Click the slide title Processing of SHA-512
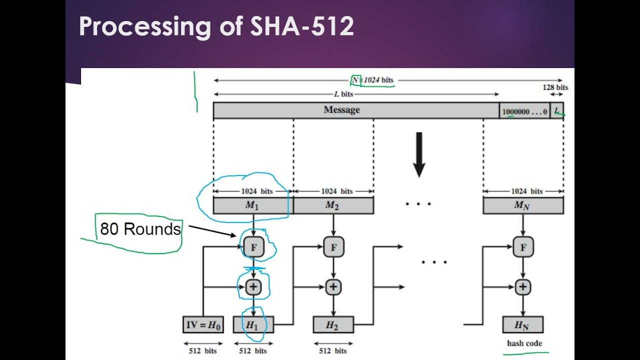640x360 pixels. pos(216,26)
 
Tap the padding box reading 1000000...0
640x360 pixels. pos(524,111)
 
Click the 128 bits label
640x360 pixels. pos(555,87)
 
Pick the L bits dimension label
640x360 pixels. pos(343,94)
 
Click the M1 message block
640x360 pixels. pos(253,205)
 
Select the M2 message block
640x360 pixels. pos(333,205)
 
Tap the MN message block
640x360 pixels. pos(522,205)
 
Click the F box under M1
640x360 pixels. pos(253,247)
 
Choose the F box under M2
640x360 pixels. pos(333,247)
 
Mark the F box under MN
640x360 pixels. pos(523,247)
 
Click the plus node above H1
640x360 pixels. pos(253,287)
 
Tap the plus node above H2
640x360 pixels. pos(333,287)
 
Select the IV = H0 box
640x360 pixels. pos(203,325)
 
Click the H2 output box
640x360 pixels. pos(333,325)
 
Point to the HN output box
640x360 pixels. pos(522,325)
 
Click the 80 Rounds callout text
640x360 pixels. pos(140,229)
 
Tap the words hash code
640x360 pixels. pos(524,343)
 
